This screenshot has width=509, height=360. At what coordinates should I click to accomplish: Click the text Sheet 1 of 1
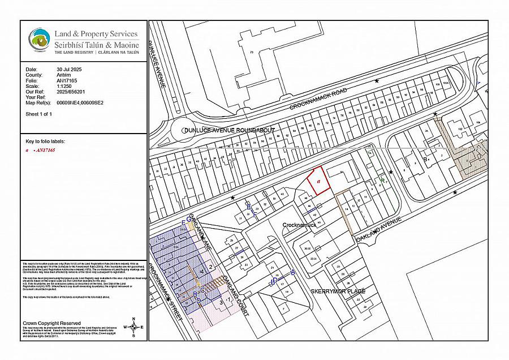click(x=39, y=114)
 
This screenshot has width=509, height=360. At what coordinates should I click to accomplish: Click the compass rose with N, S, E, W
click(x=133, y=327)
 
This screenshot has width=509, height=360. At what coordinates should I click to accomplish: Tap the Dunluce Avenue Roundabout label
click(x=228, y=130)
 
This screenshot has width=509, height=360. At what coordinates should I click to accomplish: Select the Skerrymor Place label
click(x=338, y=291)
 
